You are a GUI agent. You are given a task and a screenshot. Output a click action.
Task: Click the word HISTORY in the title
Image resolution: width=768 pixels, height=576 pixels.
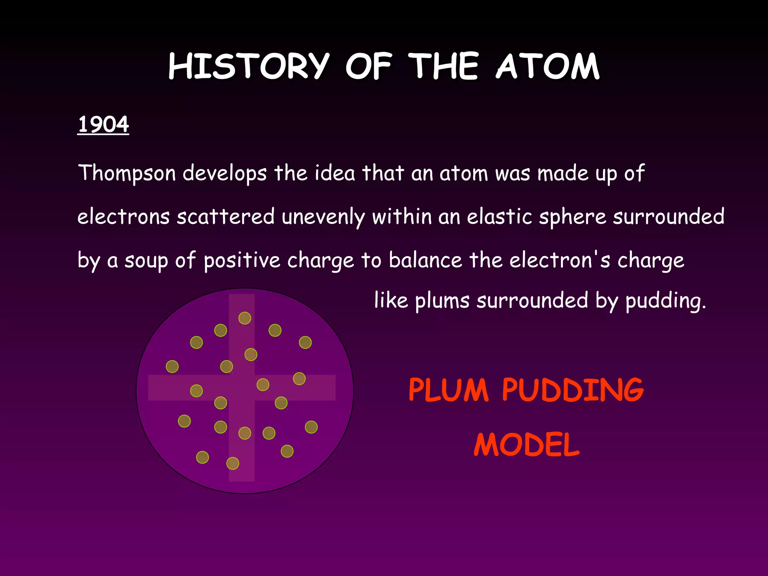[249, 66]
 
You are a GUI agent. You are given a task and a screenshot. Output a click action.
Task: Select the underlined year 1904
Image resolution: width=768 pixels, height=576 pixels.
[103, 124]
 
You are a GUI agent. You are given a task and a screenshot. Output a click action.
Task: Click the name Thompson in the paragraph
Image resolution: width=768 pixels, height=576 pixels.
[127, 173]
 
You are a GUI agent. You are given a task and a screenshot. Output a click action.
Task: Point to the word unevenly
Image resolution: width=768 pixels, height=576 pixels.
[323, 217]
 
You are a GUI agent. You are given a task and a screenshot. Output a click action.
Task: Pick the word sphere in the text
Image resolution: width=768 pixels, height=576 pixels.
[573, 217]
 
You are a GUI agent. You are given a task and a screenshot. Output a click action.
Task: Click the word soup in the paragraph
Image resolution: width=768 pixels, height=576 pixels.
[146, 261]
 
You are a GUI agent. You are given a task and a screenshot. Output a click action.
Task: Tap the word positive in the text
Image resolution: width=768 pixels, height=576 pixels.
[242, 260]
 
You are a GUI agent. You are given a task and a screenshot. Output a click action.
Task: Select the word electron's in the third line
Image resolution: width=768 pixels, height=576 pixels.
[559, 260]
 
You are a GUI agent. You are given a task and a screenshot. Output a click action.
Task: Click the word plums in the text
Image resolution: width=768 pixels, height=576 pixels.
[442, 301]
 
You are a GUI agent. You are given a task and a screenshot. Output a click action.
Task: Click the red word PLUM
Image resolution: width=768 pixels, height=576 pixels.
[448, 390]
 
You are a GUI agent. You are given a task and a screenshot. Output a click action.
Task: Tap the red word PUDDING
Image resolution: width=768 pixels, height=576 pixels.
[573, 390]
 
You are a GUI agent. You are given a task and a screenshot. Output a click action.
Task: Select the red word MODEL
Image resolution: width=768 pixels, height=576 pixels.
[526, 445]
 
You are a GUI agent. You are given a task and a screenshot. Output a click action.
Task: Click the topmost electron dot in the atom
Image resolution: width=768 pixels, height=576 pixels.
[245, 318]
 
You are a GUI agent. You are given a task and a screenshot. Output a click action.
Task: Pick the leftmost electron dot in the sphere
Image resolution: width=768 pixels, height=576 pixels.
[172, 366]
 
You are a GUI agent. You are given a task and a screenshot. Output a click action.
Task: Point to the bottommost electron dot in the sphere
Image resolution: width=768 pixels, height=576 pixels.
[233, 463]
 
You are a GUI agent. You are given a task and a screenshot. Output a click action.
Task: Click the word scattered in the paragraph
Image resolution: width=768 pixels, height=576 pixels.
[226, 217]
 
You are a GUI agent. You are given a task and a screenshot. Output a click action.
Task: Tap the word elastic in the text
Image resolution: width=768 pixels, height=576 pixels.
[499, 216]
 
